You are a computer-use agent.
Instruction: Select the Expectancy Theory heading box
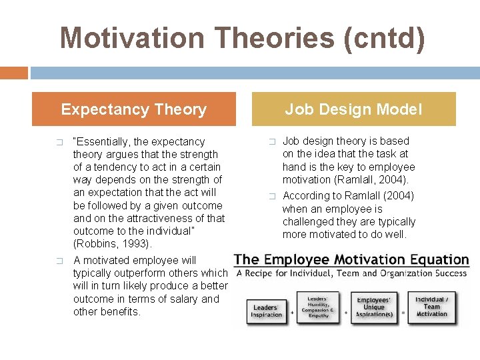133,109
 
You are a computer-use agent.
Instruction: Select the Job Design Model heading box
353,109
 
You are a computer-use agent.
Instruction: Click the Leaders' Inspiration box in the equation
266,311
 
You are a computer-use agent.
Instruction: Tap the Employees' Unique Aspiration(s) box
374,307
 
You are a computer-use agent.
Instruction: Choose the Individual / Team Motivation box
431,307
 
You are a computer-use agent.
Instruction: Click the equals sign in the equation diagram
403,311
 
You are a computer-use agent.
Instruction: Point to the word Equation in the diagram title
433,260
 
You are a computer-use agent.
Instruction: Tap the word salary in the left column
183,299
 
